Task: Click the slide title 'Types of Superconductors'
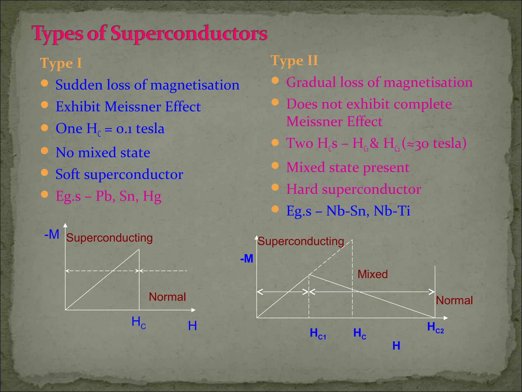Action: pyautogui.click(x=149, y=34)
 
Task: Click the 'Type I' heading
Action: pyautogui.click(x=61, y=63)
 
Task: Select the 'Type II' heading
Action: pyautogui.click(x=294, y=61)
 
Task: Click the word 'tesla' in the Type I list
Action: pyautogui.click(x=150, y=128)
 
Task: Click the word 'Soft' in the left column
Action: pyautogui.click(x=68, y=174)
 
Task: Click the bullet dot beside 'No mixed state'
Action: pyautogui.click(x=45, y=151)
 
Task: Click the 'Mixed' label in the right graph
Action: pyautogui.click(x=372, y=274)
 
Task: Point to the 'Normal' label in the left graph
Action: pyautogui.click(x=167, y=297)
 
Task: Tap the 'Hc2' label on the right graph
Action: pyautogui.click(x=435, y=327)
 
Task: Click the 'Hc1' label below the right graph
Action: pyautogui.click(x=318, y=334)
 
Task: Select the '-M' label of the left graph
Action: pyautogui.click(x=52, y=234)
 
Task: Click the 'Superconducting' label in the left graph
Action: pyautogui.click(x=109, y=238)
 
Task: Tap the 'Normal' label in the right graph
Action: pyautogui.click(x=454, y=300)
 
